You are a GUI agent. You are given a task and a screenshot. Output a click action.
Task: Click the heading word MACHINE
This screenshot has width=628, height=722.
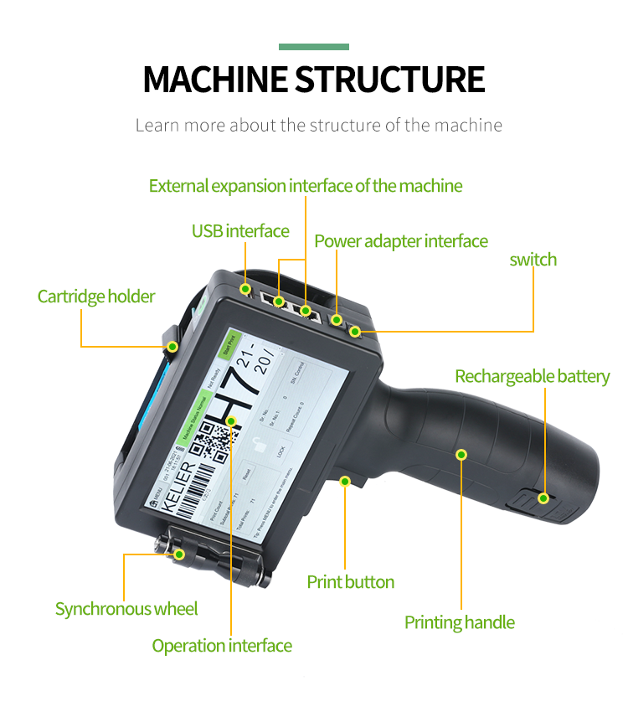[x=215, y=79]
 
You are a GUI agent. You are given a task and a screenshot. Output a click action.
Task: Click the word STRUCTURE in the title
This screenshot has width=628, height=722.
[x=390, y=79]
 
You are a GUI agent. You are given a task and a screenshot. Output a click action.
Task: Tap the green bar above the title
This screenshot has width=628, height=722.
[x=314, y=47]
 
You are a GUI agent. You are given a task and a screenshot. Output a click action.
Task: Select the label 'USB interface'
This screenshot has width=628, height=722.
[x=240, y=231]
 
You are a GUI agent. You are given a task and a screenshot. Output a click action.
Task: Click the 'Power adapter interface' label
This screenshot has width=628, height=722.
[x=401, y=241]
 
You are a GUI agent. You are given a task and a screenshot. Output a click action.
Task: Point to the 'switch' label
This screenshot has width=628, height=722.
[x=533, y=260]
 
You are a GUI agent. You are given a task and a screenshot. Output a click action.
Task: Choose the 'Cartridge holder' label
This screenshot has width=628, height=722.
[x=96, y=297]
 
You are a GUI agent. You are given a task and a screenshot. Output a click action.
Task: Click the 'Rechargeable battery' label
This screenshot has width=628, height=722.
[x=532, y=376]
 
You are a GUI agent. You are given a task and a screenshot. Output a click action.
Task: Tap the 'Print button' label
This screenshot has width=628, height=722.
[x=350, y=581]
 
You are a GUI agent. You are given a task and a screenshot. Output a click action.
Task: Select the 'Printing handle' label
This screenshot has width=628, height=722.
[x=459, y=622]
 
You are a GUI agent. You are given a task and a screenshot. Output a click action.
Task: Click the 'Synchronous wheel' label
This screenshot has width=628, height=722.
[x=126, y=609]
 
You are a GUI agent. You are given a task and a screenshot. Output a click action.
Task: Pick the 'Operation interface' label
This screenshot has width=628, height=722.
[x=222, y=646]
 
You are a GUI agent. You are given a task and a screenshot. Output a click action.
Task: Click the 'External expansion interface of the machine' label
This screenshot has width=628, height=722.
[x=305, y=185]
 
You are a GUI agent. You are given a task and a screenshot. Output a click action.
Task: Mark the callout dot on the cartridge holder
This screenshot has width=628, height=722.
[x=172, y=346]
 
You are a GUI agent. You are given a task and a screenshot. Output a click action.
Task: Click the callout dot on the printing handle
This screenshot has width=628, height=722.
[x=460, y=455]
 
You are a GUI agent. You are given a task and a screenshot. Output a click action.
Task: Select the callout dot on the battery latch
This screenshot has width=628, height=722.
[x=543, y=498]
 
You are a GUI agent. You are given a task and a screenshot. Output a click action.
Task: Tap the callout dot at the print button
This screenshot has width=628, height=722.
[x=344, y=481]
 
